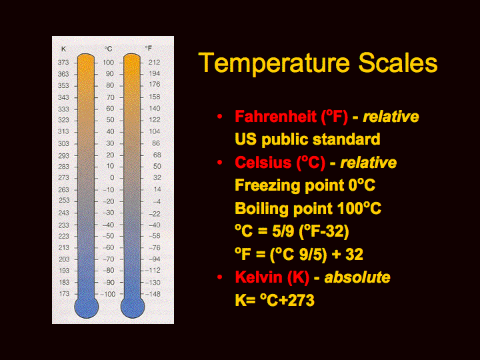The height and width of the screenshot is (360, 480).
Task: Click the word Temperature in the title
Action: (274, 63)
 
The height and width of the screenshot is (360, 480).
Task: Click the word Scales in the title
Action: (398, 63)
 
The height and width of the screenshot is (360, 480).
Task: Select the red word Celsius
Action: (263, 162)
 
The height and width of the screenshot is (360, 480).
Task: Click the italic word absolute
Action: (357, 277)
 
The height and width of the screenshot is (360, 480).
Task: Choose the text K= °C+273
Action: (275, 300)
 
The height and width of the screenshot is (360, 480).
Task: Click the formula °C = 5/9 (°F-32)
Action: (292, 231)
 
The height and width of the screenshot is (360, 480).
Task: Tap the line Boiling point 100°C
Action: (308, 209)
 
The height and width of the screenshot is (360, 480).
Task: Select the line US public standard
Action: (307, 139)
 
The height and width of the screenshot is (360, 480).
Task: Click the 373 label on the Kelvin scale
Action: (63, 63)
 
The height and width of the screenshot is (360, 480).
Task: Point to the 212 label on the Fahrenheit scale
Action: (154, 63)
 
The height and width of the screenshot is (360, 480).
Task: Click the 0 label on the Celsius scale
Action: (112, 178)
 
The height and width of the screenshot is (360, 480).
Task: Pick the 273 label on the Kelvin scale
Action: (63, 178)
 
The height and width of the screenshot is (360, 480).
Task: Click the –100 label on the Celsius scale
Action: (108, 294)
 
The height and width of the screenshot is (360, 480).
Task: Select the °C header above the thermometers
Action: (108, 49)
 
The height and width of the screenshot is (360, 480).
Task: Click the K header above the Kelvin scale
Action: (63, 49)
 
